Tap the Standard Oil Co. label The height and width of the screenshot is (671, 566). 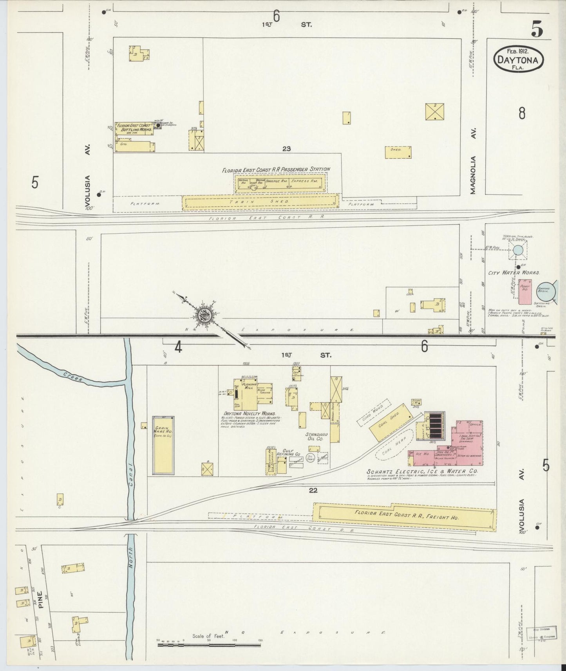click(316, 437)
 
